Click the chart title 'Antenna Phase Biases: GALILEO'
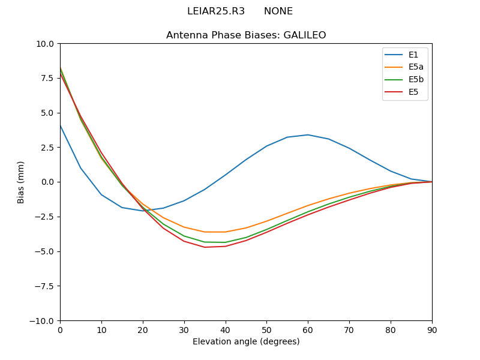point(246,35)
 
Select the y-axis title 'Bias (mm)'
point(21,182)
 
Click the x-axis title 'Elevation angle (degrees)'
point(246,341)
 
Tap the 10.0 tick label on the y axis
point(46,44)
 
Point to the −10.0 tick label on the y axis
point(43,320)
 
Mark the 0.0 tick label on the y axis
point(48,182)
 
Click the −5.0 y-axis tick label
point(46,251)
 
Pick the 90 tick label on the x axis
point(432,329)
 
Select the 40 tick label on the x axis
point(226,329)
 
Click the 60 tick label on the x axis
point(308,329)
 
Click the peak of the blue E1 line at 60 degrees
point(308,134)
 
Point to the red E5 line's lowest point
point(205,247)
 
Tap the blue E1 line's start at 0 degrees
point(60,125)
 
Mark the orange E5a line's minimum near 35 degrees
point(205,232)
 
